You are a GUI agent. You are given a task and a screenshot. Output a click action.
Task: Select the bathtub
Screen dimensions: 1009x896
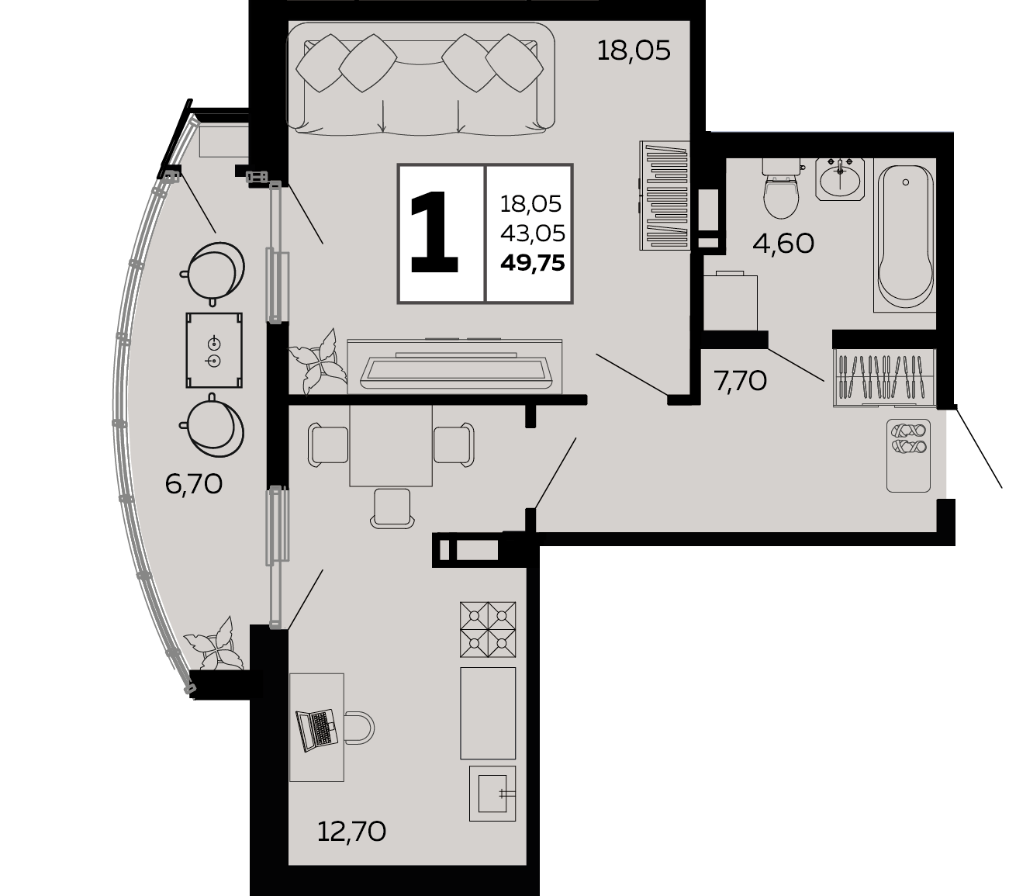click(x=905, y=235)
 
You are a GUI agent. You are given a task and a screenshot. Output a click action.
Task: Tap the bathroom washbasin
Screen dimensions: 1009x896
click(x=840, y=179)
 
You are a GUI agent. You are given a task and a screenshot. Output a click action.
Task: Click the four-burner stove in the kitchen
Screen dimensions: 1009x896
click(x=488, y=629)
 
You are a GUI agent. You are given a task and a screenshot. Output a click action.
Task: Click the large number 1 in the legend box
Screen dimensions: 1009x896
click(x=433, y=233)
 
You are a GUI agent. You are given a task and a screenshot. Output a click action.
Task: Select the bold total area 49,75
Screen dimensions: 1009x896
click(x=532, y=263)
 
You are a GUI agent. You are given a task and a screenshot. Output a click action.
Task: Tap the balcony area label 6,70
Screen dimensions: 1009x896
click(x=193, y=484)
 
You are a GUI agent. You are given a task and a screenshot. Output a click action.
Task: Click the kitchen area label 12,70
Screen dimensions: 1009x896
click(x=351, y=832)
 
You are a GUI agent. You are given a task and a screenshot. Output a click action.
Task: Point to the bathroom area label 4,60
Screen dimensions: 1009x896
click(x=783, y=244)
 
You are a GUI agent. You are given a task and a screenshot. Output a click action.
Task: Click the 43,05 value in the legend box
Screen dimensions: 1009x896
click(x=532, y=234)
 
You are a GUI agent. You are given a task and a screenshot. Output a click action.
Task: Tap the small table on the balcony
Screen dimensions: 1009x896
click(x=214, y=351)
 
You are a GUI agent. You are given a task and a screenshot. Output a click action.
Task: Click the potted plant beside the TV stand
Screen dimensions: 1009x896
click(x=318, y=361)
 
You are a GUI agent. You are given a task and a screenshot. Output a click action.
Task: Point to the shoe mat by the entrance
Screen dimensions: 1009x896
click(x=908, y=455)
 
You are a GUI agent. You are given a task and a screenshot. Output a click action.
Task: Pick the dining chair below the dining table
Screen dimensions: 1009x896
click(x=392, y=508)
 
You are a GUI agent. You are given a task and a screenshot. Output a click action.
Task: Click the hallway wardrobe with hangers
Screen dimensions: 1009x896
click(x=884, y=377)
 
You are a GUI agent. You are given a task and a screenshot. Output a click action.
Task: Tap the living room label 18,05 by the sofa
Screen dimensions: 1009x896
click(x=634, y=51)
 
